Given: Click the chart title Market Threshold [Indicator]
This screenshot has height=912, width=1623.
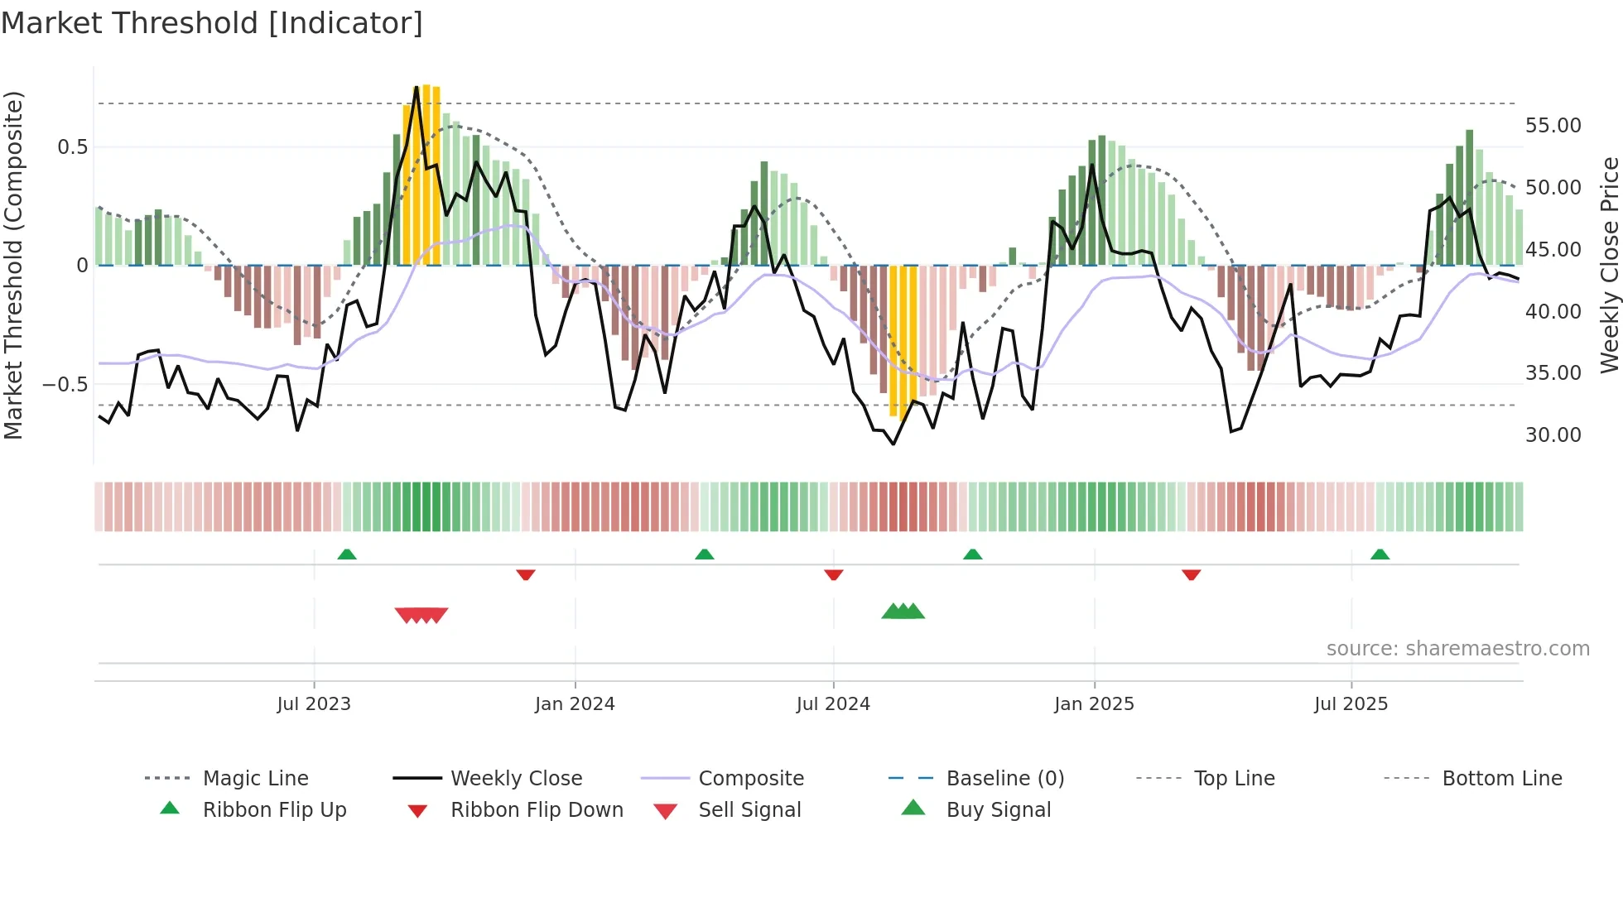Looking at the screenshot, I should (x=212, y=23).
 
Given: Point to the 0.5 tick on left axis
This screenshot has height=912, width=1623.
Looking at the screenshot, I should (x=72, y=147).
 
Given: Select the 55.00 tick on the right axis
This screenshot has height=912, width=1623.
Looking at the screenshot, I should (x=1553, y=126).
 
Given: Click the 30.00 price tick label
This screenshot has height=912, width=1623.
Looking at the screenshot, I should (x=1553, y=435).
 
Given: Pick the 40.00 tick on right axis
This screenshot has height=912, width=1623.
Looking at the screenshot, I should (x=1553, y=312).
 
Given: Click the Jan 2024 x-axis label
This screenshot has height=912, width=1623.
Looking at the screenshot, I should (x=575, y=704).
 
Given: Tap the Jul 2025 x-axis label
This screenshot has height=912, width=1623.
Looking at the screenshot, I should (x=1351, y=704).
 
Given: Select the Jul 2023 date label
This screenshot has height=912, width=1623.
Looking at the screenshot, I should (x=314, y=704).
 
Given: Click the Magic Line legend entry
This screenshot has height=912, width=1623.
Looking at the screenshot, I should (x=255, y=779).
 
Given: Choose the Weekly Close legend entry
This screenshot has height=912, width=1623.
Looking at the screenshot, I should (x=516, y=779).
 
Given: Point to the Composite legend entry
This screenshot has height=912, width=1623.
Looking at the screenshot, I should (x=750, y=779).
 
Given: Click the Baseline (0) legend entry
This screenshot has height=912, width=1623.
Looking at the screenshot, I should (x=1004, y=779).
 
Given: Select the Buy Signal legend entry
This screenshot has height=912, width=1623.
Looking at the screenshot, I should (x=998, y=810).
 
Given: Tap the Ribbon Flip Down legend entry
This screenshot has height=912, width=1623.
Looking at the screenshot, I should (x=536, y=810).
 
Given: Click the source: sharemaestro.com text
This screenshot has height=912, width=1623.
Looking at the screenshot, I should (x=1457, y=649).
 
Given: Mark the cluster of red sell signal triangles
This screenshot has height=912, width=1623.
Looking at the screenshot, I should (x=421, y=615).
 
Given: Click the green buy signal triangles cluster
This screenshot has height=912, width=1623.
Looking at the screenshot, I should (x=903, y=612).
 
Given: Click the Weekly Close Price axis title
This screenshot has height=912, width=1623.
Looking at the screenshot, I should (x=1609, y=265).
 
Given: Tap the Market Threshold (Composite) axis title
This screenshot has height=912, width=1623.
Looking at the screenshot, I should (x=13, y=265).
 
